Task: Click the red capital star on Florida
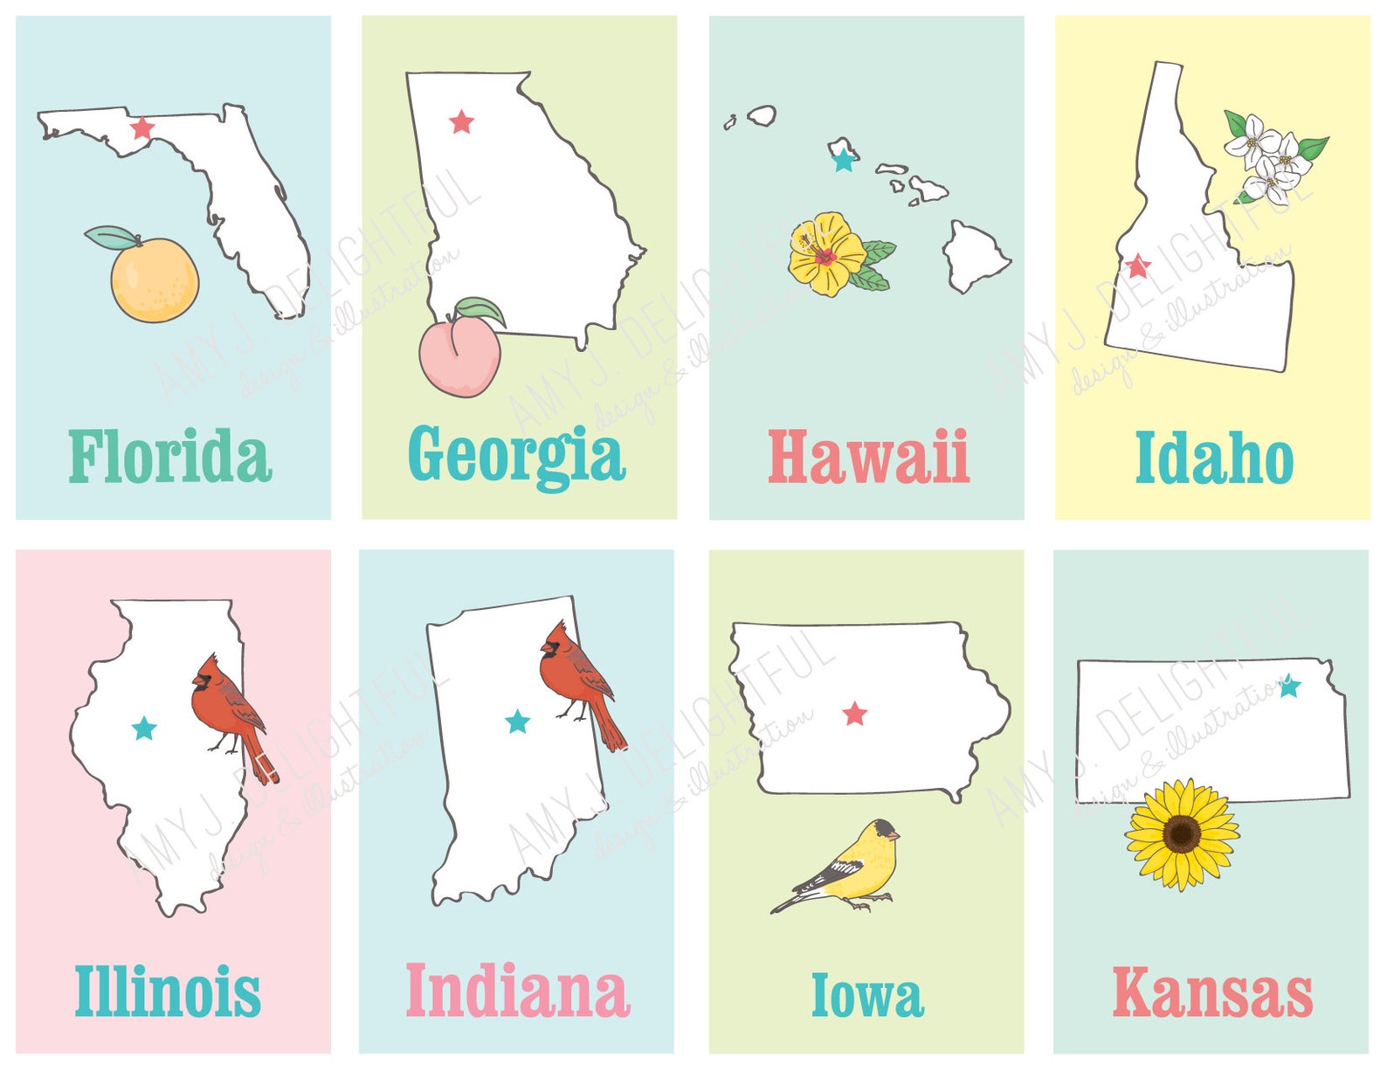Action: pyautogui.click(x=141, y=128)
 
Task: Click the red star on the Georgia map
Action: pyautogui.click(x=461, y=122)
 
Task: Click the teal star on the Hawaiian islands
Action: pyautogui.click(x=843, y=161)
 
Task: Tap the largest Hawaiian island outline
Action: pyautogui.click(x=974, y=256)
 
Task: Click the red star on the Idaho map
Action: pyautogui.click(x=1138, y=266)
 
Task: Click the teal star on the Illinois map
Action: pyautogui.click(x=144, y=728)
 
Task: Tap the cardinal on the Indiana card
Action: pyautogui.click(x=576, y=677)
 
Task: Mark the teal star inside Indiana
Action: pyautogui.click(x=518, y=722)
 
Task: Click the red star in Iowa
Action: pyautogui.click(x=855, y=714)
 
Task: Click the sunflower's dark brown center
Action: pyautogui.click(x=1181, y=833)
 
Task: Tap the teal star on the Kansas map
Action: pyautogui.click(x=1289, y=686)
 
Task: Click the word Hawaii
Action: pyautogui.click(x=868, y=457)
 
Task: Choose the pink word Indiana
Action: pyautogui.click(x=517, y=991)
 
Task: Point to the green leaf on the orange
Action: pyautogui.click(x=111, y=237)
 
